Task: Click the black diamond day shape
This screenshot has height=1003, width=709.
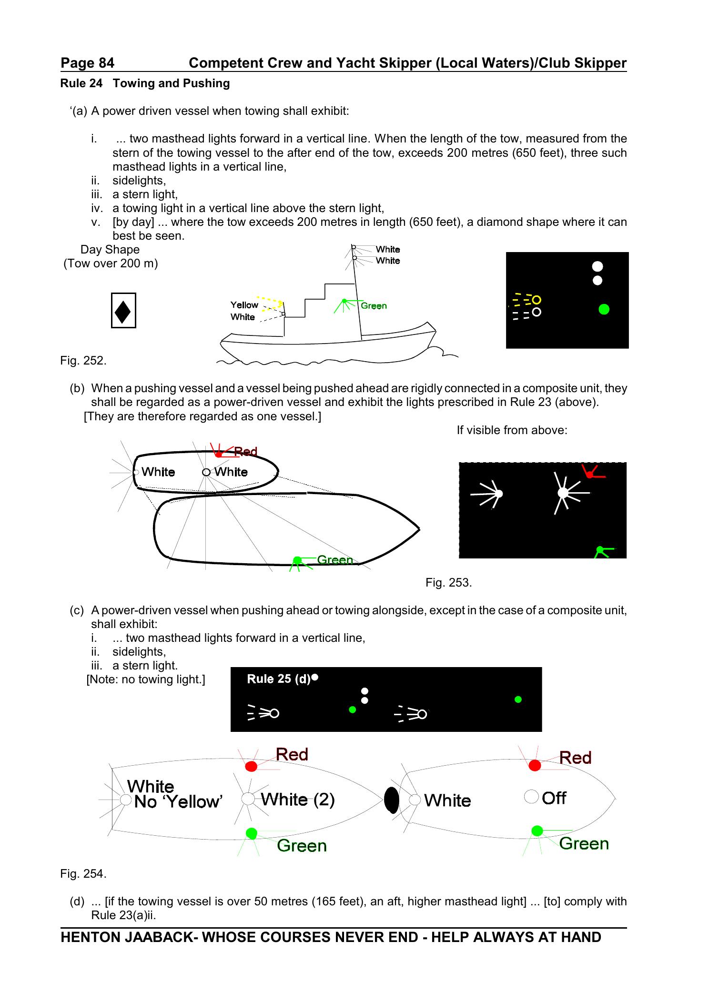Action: tap(123, 311)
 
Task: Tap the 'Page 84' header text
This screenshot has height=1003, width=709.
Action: tap(87, 63)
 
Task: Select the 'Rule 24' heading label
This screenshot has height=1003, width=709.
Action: tap(81, 83)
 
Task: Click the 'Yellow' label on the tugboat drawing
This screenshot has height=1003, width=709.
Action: tap(244, 305)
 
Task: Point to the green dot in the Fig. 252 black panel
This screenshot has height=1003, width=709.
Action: tap(604, 309)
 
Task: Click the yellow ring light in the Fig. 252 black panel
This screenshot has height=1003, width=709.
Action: tap(537, 300)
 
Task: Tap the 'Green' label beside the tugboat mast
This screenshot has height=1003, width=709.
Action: tap(374, 306)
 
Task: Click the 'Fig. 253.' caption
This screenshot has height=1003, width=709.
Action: tap(448, 583)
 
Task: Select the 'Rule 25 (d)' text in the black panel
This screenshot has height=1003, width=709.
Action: tap(279, 679)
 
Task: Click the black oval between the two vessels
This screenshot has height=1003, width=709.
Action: tap(392, 800)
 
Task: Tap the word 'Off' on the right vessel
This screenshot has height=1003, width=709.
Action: tap(554, 798)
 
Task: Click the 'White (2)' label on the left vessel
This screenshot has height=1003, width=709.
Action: tap(297, 799)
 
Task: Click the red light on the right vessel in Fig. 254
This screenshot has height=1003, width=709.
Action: tap(535, 765)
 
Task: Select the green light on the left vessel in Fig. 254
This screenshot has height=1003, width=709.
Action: tap(251, 833)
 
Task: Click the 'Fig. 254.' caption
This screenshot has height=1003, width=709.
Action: tap(83, 873)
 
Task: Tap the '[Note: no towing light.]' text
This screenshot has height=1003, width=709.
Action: tap(146, 679)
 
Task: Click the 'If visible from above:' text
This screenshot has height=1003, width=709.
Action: tap(512, 430)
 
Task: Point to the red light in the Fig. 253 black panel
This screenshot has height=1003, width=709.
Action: tap(590, 474)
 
